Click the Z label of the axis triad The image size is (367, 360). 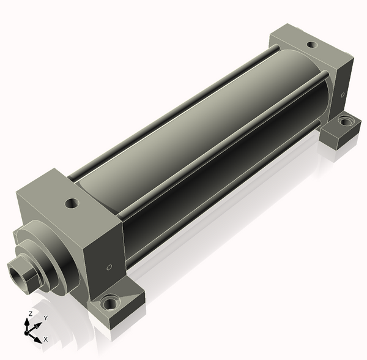(30, 314)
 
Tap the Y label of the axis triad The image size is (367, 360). (46, 318)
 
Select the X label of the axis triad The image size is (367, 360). (46, 339)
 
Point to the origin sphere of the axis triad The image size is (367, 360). (26, 332)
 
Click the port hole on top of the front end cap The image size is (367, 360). (72, 203)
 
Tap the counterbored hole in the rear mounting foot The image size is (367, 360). (344, 121)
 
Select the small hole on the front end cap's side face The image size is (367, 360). (109, 268)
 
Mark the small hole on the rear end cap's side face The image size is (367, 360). (343, 95)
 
